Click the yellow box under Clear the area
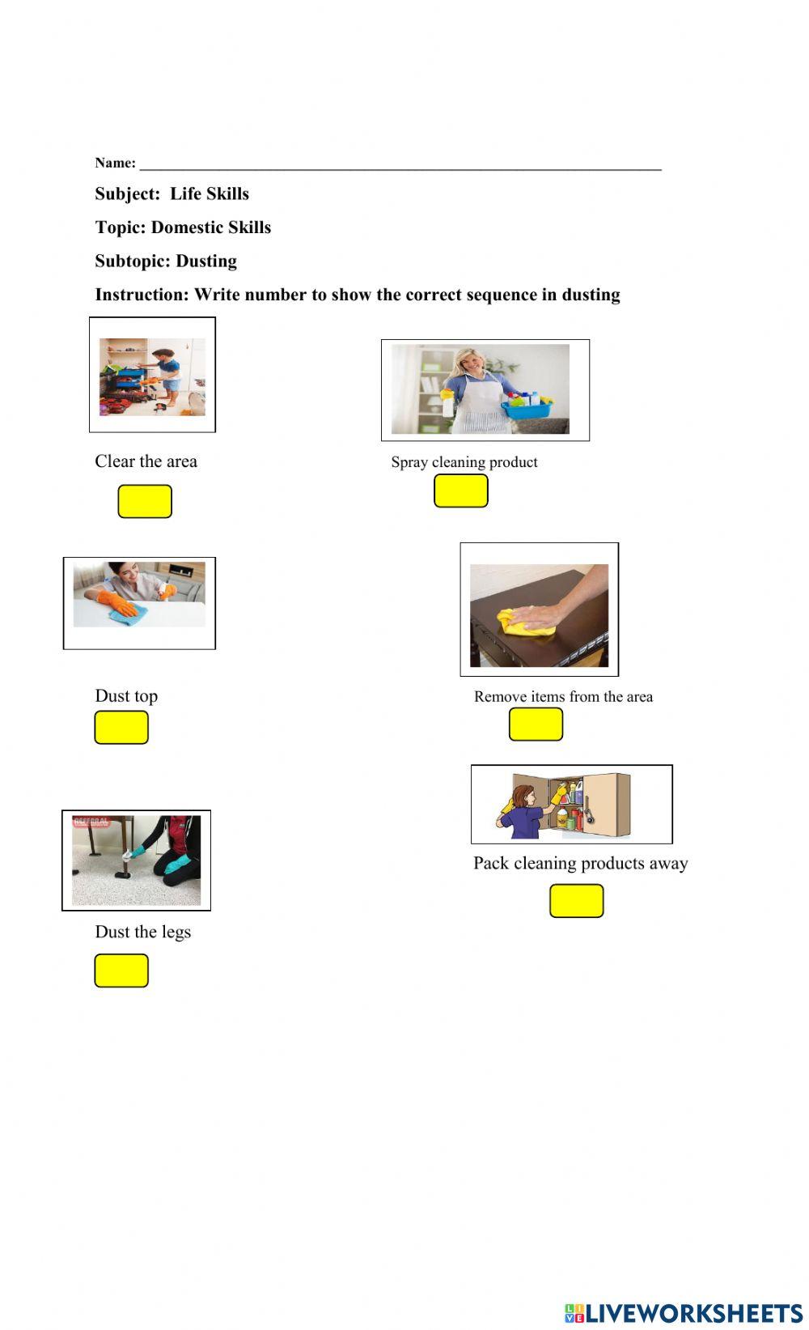click(145, 501)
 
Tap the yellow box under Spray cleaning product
click(460, 491)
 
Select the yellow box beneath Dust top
click(121, 727)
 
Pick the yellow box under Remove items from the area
click(536, 724)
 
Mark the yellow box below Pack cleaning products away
click(576, 900)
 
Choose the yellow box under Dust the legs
click(121, 970)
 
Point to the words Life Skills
click(210, 193)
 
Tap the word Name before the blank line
click(114, 163)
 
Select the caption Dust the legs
click(143, 931)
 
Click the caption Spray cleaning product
click(464, 462)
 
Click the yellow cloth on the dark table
click(524, 622)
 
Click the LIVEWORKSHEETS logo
click(684, 1312)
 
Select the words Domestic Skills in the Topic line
click(211, 227)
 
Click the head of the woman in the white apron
click(467, 362)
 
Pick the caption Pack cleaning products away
click(580, 863)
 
